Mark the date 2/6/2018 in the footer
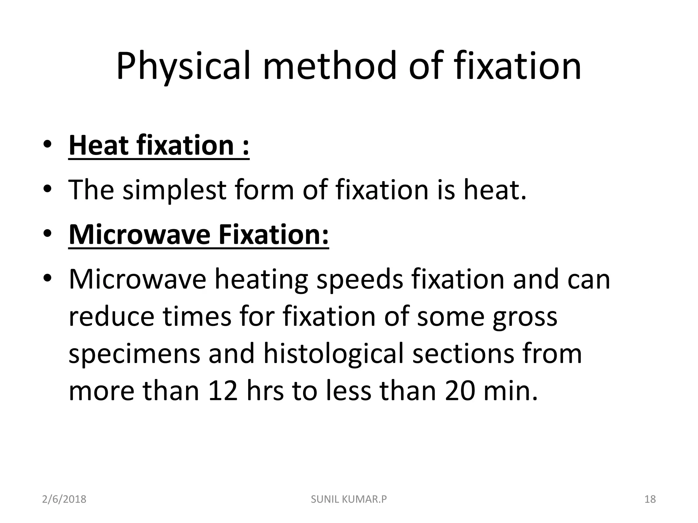64,500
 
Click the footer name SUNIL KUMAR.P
349,500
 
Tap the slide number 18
650,500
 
